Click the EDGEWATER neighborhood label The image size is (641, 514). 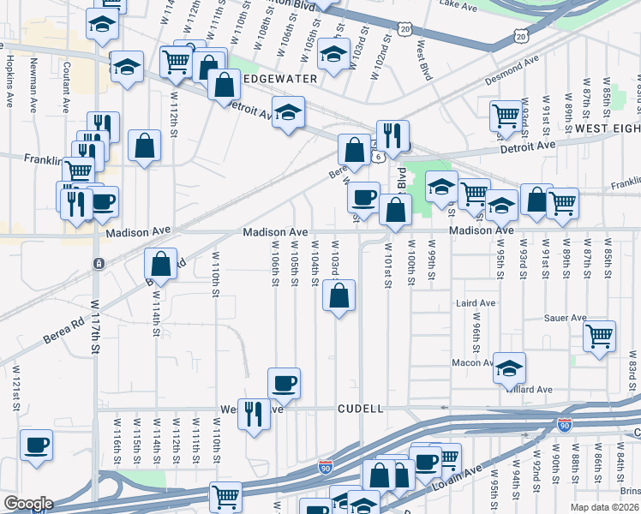point(269,78)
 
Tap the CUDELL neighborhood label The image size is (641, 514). point(360,409)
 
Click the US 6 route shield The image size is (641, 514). point(378,158)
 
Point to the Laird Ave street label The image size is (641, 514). point(476,303)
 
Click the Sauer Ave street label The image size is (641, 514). point(565,318)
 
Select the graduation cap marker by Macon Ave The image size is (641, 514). point(510,368)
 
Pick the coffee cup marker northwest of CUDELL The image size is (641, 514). point(284,383)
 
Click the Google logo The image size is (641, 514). point(27,504)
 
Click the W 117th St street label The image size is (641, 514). point(97,326)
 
